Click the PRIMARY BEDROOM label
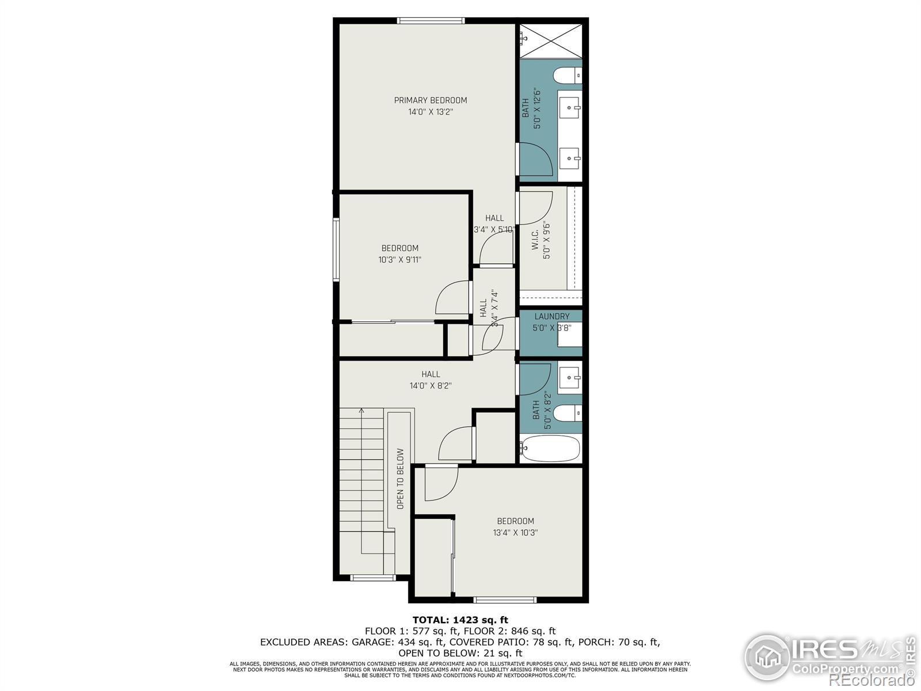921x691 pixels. (430, 100)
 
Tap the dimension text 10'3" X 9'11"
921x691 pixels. (399, 260)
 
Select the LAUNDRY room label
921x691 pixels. (551, 316)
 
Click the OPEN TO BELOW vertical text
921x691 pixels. (401, 479)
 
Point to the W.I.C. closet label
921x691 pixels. (535, 240)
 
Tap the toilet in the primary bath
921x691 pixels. (566, 75)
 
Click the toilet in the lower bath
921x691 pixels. (566, 413)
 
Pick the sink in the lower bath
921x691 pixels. (570, 378)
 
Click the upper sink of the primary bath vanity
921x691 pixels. (570, 107)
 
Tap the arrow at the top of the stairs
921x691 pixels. (361, 411)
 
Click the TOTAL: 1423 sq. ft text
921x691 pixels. (460, 620)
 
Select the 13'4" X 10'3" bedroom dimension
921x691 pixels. (515, 533)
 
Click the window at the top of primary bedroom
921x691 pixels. (431, 21)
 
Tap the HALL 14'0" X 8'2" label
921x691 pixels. (430, 380)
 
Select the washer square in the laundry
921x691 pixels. (570, 334)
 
